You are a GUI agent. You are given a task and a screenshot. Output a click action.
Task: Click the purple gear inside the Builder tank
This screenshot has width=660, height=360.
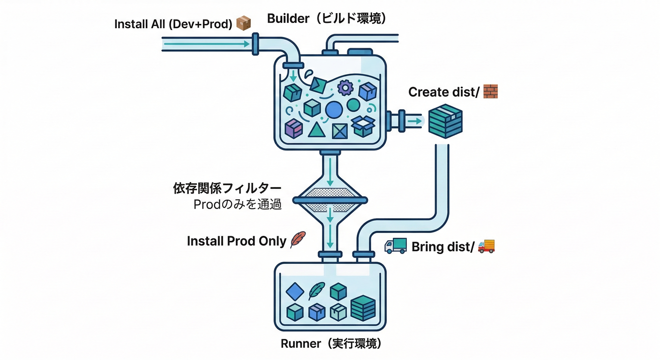pos(345,87)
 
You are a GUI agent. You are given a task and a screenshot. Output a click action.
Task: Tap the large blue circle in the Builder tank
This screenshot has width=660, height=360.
pos(334,109)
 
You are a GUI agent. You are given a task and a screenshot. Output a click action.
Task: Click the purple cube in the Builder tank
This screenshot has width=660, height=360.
pos(294,128)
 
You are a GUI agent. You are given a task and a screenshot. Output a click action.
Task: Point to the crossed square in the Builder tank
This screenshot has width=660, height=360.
pos(340,131)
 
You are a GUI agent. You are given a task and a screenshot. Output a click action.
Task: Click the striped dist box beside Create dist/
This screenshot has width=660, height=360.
pos(445,121)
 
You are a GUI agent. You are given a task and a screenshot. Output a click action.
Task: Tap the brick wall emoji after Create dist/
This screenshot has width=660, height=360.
pos(490,91)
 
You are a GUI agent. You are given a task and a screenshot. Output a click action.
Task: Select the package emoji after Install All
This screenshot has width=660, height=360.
pos(243,23)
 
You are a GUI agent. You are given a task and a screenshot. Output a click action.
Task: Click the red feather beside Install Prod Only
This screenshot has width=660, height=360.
pos(298,240)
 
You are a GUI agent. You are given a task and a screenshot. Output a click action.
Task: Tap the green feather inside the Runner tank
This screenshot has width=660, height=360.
pos(316,291)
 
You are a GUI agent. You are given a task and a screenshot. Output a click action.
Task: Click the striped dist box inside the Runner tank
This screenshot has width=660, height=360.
pos(363,308)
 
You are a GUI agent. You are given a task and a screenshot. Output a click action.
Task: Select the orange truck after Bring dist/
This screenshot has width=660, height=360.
pos(486,246)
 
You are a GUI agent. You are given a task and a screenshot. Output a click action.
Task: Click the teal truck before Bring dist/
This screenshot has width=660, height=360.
pos(396,246)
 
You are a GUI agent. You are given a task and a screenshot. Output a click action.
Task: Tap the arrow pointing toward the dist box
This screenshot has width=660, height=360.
pos(414,121)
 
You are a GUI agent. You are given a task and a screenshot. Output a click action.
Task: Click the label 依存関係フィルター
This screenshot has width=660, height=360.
pos(227,189)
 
